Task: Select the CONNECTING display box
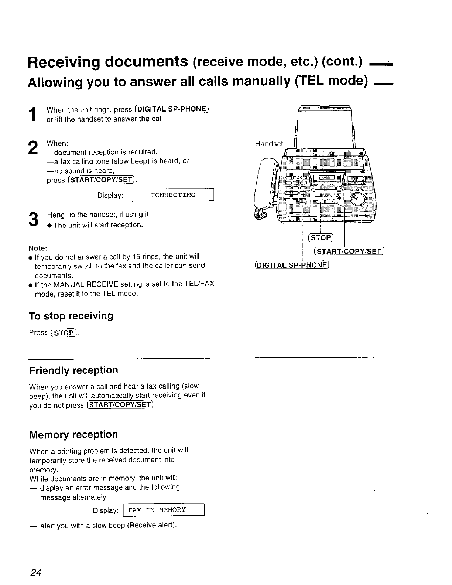pos(173,195)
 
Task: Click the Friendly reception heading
pos(73,370)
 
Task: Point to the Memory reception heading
pos(73,434)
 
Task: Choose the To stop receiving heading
pos(71,316)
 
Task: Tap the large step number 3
pos(33,219)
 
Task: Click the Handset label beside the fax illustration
pos(269,144)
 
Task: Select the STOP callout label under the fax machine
pos(321,237)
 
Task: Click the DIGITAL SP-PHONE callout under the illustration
pos(291,265)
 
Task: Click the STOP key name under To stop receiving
pos(64,333)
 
